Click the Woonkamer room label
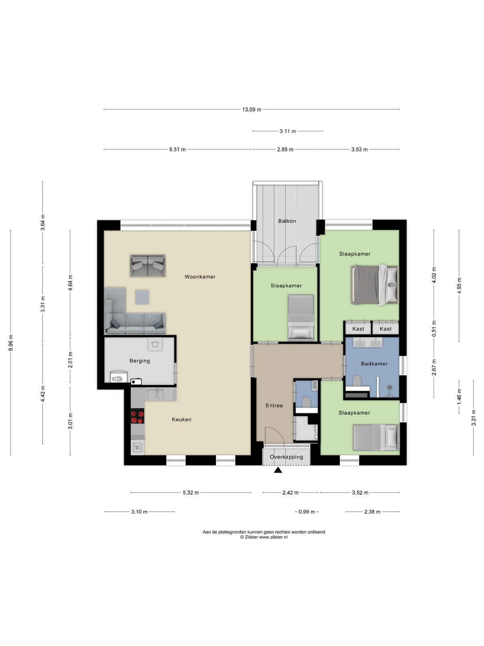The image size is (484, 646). point(200,277)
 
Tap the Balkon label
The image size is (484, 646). point(287,221)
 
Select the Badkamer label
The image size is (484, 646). point(374,363)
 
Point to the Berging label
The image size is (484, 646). point(140,361)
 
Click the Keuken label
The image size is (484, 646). point(181,419)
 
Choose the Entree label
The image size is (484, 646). point(274,405)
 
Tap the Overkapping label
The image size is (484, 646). point(286,457)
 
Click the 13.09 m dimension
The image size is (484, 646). point(252,109)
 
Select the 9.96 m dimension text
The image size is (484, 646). point(11,343)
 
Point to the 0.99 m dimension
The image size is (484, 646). point(307,512)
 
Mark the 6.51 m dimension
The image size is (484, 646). point(177,149)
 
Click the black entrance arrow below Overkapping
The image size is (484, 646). point(278,470)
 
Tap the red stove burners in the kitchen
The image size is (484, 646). point(138,416)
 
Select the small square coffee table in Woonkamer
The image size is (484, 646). point(142,297)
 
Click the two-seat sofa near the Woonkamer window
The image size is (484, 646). point(148,266)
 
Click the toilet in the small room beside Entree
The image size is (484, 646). point(306,402)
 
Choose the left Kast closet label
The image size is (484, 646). point(358,329)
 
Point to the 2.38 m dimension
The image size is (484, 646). point(372,512)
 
